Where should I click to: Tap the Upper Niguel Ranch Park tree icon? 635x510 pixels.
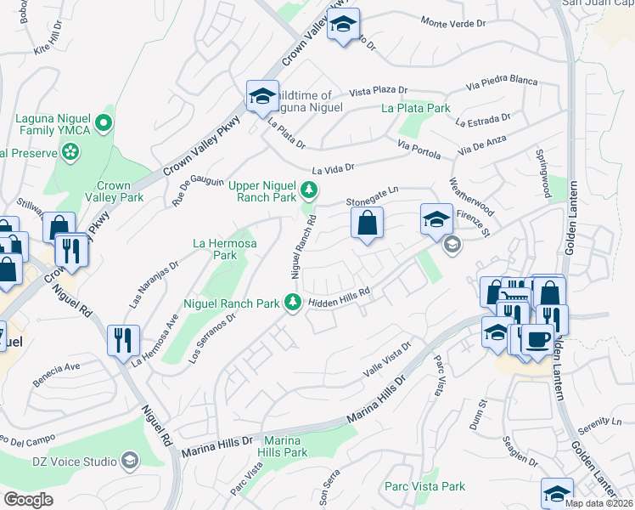(x=310, y=188)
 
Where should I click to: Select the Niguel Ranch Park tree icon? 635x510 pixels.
(x=293, y=302)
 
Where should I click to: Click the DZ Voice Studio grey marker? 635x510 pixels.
(x=129, y=461)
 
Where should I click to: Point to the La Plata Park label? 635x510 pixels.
(x=415, y=108)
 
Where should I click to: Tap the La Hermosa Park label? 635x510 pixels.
(x=214, y=248)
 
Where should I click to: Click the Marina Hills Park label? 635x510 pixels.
(x=284, y=446)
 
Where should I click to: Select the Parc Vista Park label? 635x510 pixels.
(x=424, y=486)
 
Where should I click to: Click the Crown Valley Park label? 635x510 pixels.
(x=113, y=191)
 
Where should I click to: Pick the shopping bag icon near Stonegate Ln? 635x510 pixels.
(x=367, y=224)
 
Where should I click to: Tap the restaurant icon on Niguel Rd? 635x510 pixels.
(x=123, y=339)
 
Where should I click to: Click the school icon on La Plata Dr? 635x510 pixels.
(x=262, y=95)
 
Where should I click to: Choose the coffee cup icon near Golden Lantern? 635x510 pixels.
(x=537, y=338)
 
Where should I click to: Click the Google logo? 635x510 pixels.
(x=28, y=500)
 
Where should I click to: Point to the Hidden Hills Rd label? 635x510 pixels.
(x=340, y=297)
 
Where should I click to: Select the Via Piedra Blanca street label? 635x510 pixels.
(x=503, y=82)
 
